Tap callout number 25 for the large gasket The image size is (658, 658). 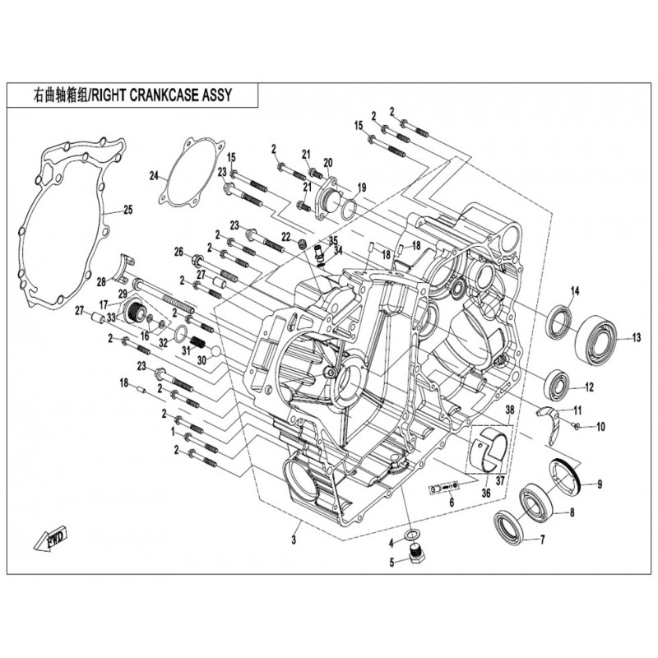click(127, 208)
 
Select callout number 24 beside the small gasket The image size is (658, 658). click(153, 175)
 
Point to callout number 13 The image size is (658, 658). click(636, 337)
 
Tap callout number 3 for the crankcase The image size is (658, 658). click(293, 540)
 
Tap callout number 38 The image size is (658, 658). click(509, 410)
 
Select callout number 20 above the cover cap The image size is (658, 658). click(327, 161)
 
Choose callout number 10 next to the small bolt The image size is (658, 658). click(600, 426)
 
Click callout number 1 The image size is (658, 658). click(173, 430)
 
